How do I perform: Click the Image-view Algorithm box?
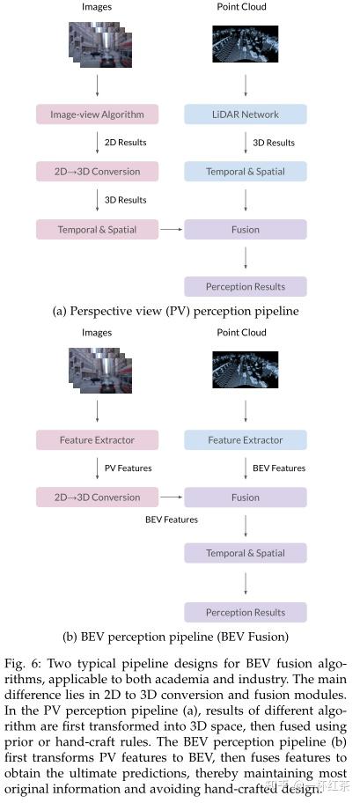click(97, 114)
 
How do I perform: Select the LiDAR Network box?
click(246, 114)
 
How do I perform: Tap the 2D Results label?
click(125, 142)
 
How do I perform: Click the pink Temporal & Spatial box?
click(97, 230)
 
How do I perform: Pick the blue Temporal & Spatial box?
click(246, 172)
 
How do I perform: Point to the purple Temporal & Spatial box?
click(246, 554)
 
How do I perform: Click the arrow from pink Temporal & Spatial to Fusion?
click(171, 230)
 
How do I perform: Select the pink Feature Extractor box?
click(97, 439)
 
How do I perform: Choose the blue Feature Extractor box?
click(246, 439)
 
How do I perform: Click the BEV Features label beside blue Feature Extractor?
click(279, 468)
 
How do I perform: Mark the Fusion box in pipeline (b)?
click(246, 497)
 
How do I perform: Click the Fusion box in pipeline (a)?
click(246, 230)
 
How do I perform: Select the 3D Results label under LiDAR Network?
click(274, 143)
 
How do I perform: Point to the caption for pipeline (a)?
click(176, 311)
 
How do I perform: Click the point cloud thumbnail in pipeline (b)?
click(246, 371)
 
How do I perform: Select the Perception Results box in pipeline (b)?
click(246, 612)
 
